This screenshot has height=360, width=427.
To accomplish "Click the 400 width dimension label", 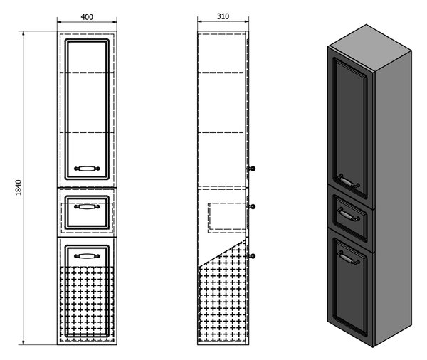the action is [x=87, y=17].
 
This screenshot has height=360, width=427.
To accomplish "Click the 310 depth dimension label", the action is [x=223, y=16].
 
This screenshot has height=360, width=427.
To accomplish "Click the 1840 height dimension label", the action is [x=18, y=187].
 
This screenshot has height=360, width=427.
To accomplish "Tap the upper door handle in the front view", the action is [x=87, y=169].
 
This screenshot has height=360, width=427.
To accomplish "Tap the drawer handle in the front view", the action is [x=87, y=207].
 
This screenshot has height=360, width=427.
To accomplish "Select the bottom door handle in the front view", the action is [x=87, y=256].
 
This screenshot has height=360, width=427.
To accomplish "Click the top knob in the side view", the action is [x=252, y=169].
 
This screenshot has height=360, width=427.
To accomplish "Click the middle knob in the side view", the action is [x=252, y=207].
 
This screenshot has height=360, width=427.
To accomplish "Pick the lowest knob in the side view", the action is [x=252, y=256].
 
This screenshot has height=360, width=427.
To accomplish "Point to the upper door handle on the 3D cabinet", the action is [x=348, y=181].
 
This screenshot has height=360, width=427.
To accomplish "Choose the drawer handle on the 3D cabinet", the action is [x=348, y=214].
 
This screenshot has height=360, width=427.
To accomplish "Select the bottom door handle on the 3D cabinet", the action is [x=348, y=258].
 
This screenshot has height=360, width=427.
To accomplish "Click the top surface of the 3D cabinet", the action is [x=369, y=48].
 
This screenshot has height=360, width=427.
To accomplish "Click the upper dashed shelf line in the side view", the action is [x=221, y=73].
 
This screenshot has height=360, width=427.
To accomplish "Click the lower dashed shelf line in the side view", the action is [x=221, y=132].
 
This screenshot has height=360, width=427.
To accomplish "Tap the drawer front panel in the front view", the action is [x=87, y=213].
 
